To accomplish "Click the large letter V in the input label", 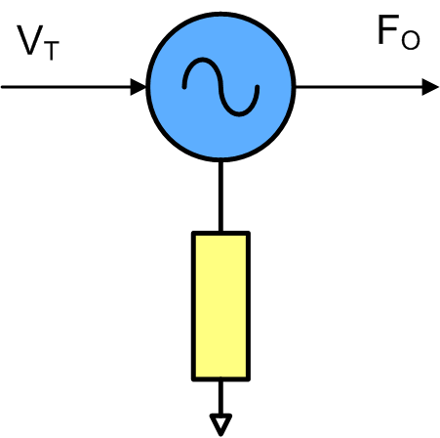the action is point(29,40).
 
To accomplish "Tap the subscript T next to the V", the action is point(51,51).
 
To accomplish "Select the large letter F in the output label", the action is point(388,29).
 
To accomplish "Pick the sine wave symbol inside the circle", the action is point(220,87).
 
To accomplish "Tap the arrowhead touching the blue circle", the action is point(139,87).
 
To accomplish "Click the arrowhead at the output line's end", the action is point(430,87).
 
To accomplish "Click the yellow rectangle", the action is point(220,306).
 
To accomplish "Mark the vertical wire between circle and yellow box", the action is point(220,197).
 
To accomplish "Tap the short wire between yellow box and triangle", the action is point(220,398).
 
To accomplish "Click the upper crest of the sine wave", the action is point(203,60).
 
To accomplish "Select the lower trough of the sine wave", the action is point(239,114).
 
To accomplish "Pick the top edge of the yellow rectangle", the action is point(220,234).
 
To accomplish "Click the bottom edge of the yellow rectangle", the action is point(220,379).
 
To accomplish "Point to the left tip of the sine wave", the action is point(184,87).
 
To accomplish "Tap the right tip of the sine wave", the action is point(258,87).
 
